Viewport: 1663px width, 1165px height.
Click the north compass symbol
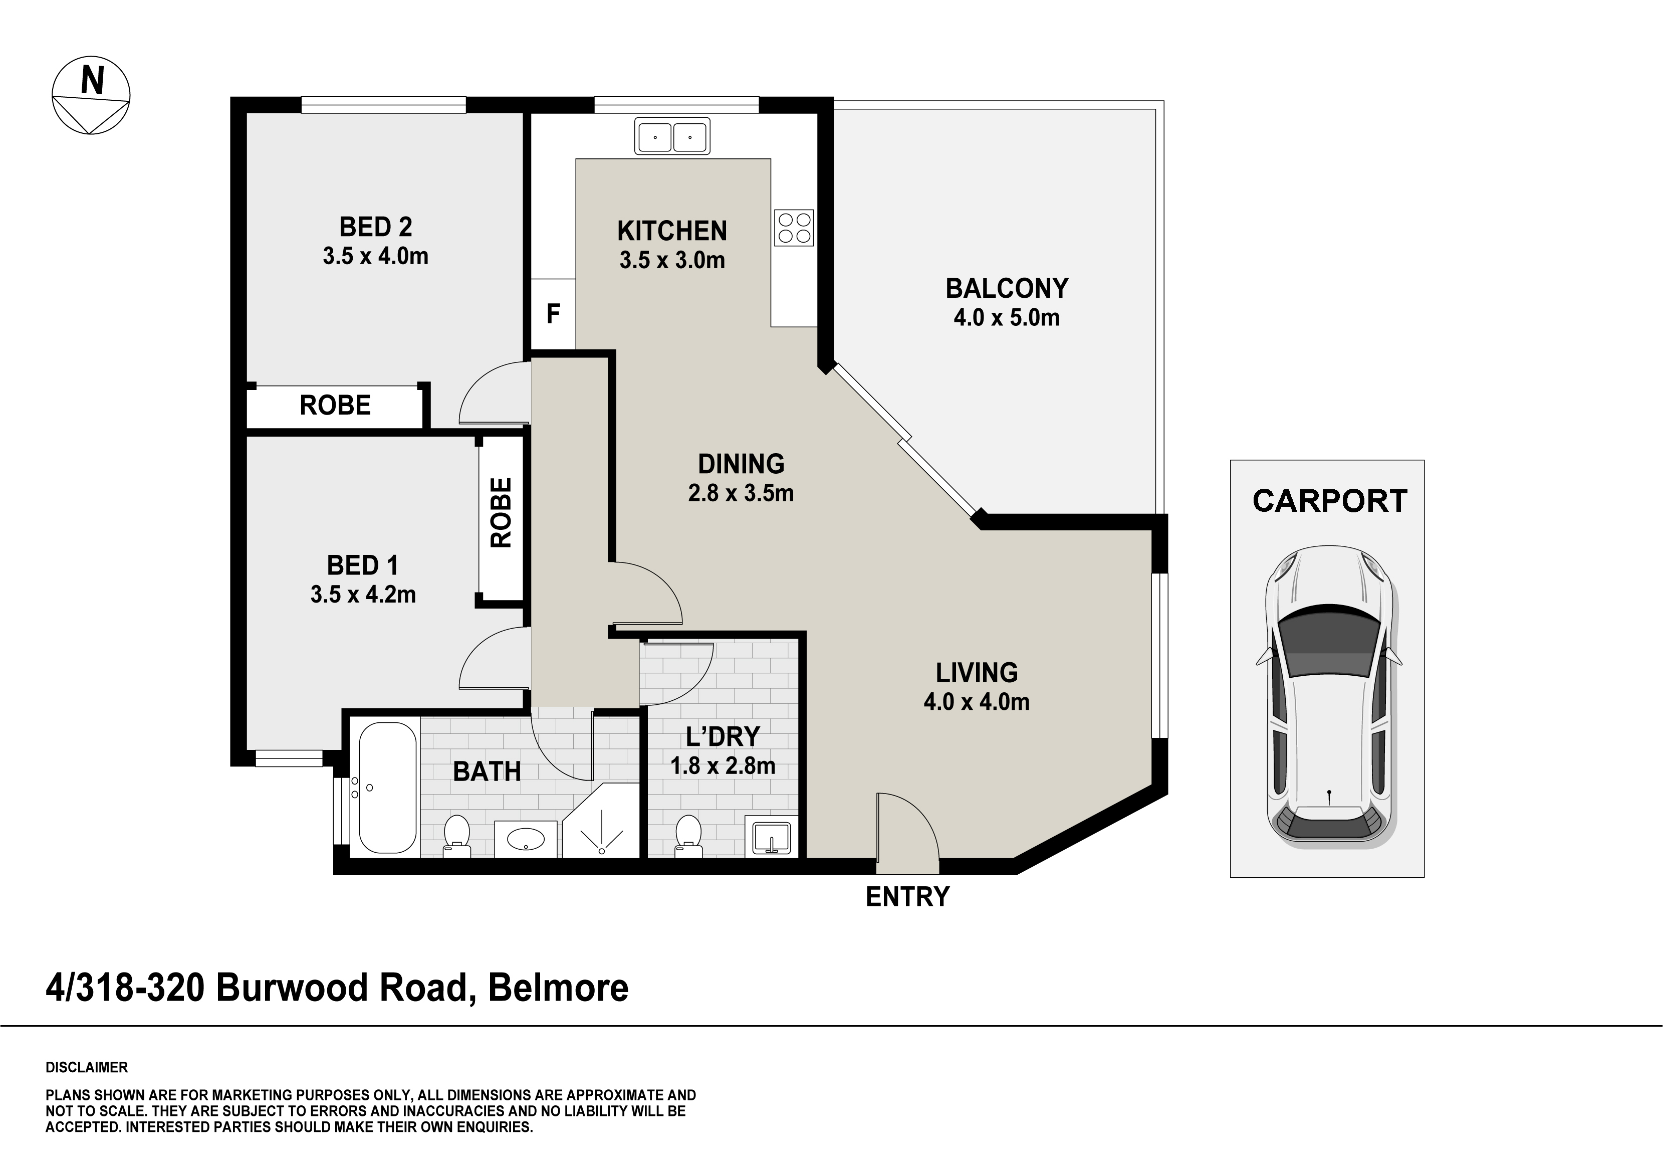[x=91, y=96]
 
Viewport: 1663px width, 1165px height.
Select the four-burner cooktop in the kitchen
[x=794, y=228]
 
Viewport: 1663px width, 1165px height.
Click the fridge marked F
[x=553, y=314]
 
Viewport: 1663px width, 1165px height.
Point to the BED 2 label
[x=375, y=227]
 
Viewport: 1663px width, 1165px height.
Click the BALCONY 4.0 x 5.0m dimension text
[x=1006, y=317]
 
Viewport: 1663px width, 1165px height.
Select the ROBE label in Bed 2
[x=335, y=405]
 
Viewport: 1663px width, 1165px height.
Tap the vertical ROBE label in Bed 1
[x=501, y=512]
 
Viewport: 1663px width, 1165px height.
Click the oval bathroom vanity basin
[x=526, y=839]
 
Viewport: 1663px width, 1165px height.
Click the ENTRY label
[x=907, y=897]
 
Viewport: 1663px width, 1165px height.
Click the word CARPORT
[x=1330, y=501]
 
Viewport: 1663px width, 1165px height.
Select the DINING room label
[x=741, y=464]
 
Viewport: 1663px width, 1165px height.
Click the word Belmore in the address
[x=559, y=988]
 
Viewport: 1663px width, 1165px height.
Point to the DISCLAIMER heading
[x=87, y=1067]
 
